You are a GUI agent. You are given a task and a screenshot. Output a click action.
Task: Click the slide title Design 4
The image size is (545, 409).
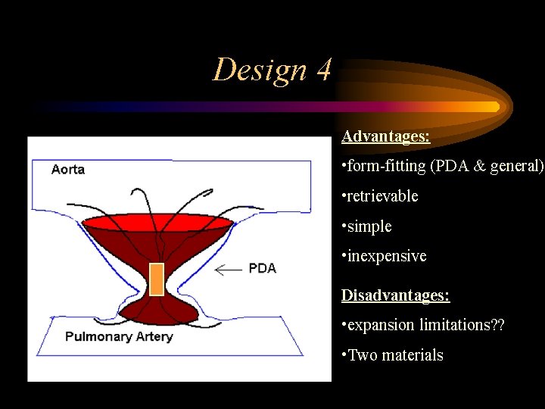click(x=272, y=70)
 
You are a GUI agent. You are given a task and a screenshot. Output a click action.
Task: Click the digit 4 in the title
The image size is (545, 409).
click(x=322, y=70)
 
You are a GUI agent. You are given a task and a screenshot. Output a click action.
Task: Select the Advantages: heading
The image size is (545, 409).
click(x=385, y=136)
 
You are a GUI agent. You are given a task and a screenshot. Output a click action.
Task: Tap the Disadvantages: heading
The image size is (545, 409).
click(x=395, y=295)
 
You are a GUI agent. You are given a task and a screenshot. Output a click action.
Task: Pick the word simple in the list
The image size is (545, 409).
click(x=369, y=226)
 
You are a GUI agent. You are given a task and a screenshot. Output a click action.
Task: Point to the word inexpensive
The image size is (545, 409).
click(x=387, y=256)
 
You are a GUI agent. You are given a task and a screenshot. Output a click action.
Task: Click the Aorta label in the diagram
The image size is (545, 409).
click(x=68, y=169)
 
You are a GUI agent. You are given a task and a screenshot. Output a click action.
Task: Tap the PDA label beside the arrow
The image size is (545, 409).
click(x=262, y=268)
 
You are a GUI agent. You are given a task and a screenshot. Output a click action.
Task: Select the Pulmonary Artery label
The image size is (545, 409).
click(x=119, y=336)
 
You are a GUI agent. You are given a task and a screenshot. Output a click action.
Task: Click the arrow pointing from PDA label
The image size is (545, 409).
click(x=229, y=269)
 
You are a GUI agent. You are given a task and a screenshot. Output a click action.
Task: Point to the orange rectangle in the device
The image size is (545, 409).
click(x=157, y=278)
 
